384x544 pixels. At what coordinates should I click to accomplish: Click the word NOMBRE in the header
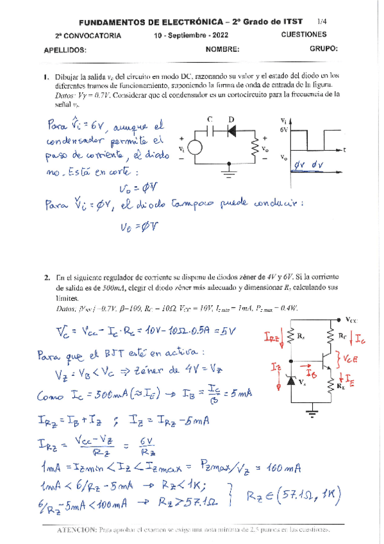pos(223,49)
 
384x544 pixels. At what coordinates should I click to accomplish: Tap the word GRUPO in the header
pos(324,48)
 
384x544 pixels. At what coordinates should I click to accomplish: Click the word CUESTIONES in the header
pos(303,35)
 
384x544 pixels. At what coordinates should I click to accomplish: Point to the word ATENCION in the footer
pos(76,530)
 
